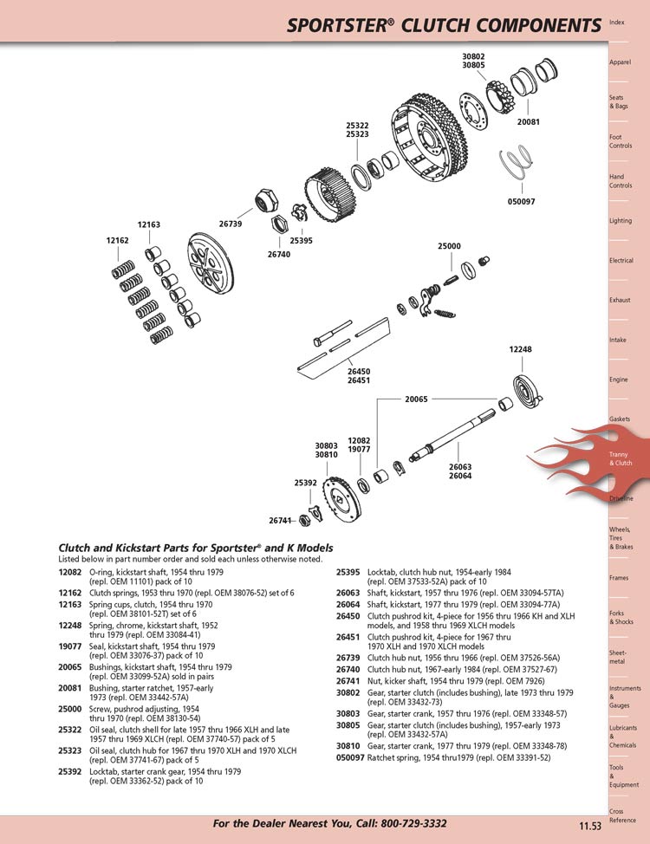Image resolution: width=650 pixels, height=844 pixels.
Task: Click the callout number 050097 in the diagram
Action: [520, 202]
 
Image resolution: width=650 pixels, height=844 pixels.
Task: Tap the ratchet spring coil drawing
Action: [518, 163]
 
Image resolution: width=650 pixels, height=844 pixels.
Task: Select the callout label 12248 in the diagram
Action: [520, 349]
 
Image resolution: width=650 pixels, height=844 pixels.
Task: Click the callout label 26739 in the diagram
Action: [231, 224]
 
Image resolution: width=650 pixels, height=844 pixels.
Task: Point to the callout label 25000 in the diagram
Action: [449, 246]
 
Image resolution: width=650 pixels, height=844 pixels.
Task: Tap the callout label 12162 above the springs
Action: [118, 240]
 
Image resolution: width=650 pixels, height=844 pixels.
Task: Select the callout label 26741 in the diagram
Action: [280, 521]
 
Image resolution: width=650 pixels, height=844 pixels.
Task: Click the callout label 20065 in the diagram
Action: [416, 400]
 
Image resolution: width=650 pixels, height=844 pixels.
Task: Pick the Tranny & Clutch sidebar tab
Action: [621, 458]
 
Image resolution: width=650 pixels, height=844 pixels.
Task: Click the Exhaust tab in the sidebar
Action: [620, 300]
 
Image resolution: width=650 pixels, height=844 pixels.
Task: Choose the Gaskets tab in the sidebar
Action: [620, 419]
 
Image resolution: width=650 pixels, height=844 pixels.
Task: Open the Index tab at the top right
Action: [617, 22]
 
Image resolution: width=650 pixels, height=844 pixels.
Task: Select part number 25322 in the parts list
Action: [70, 730]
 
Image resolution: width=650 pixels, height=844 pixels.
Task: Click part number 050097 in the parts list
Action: [350, 756]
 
